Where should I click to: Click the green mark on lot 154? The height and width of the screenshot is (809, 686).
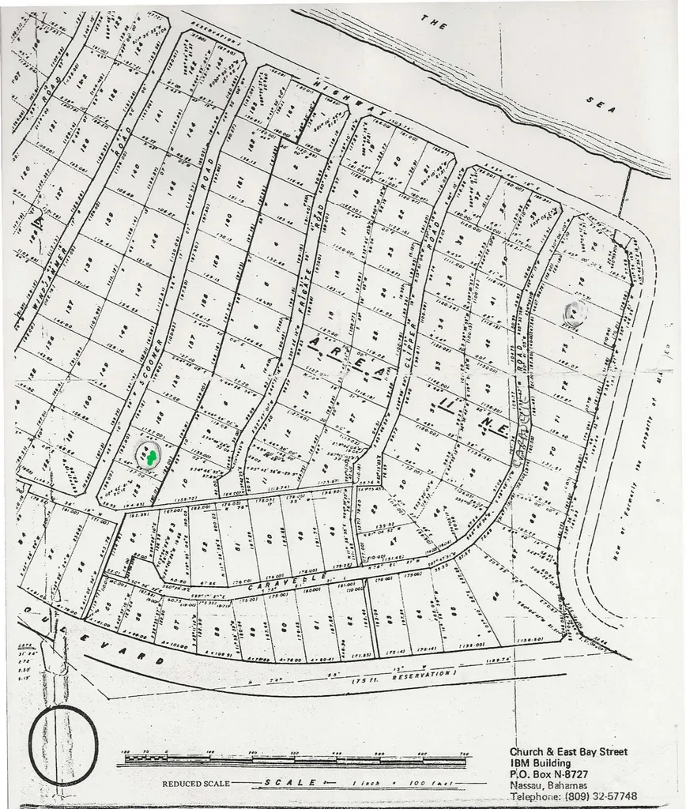tap(148, 455)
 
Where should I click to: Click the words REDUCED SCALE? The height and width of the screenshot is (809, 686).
tap(196, 784)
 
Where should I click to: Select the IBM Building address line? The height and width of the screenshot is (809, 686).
tap(546, 763)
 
